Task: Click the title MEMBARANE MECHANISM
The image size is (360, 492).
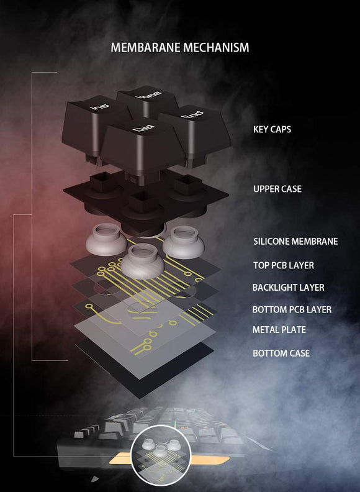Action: tap(180, 48)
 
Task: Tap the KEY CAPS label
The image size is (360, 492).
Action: tap(272, 130)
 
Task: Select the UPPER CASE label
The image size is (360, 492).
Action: tap(277, 189)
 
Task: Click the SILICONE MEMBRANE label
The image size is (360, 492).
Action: tap(295, 242)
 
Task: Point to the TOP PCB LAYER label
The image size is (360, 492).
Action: tap(283, 265)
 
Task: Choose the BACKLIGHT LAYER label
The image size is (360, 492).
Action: tap(288, 288)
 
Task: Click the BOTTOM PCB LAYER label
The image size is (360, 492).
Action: tap(292, 309)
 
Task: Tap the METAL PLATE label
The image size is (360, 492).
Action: tap(279, 330)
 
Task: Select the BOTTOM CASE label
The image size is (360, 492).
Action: tap(281, 353)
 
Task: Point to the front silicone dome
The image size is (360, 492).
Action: tap(142, 260)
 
